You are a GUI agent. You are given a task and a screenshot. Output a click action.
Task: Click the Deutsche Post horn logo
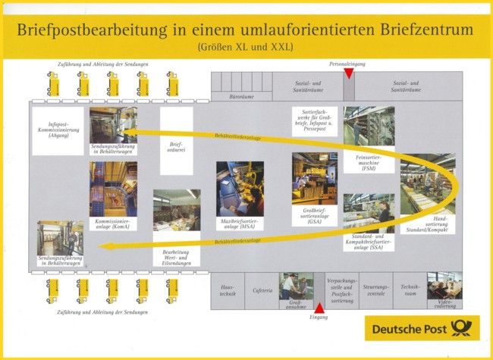tap(460, 327)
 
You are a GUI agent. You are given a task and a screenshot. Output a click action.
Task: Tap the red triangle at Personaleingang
tap(348, 74)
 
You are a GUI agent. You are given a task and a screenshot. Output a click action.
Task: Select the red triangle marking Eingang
tap(319, 308)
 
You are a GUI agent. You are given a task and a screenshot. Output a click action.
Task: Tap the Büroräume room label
tap(241, 96)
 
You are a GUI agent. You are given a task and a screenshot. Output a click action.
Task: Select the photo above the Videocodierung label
tap(444, 286)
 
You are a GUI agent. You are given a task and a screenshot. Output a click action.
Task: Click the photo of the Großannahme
tap(297, 286)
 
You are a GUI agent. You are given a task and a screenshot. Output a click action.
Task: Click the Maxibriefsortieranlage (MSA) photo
tap(240, 189)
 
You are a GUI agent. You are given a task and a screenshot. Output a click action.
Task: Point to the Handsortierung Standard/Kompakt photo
tap(428, 186)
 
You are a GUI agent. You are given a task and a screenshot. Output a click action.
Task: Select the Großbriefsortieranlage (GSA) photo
tap(314, 178)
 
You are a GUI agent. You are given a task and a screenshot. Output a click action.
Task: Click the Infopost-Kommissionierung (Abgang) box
tap(58, 131)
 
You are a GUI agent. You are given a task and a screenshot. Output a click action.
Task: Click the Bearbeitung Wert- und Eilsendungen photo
tap(177, 210)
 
